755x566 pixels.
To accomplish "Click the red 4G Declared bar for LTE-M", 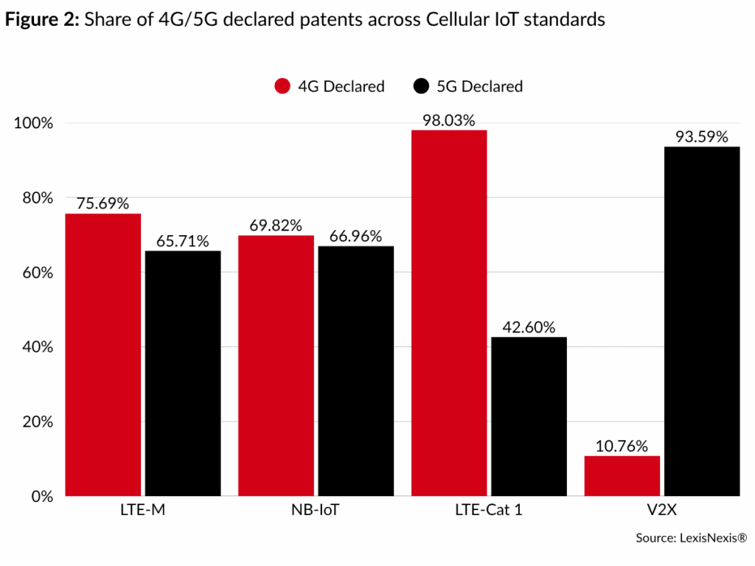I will coord(103,354).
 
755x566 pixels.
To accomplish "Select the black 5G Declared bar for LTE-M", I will coord(182,373).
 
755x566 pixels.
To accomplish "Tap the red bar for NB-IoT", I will coord(276,366).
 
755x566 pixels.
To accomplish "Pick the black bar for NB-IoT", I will coord(355,371).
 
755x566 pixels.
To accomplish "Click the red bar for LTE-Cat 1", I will coord(449,312).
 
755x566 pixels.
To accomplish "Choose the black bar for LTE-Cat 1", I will coord(529,416).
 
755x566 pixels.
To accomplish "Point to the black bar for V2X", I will coord(701,321).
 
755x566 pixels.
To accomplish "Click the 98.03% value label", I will coord(448,120).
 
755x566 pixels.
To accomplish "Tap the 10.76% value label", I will coord(622,446).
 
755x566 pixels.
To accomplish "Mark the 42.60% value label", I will coord(528,327).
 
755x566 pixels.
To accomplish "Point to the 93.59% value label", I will coord(701,136).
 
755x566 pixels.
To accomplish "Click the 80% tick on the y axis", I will coord(35,198).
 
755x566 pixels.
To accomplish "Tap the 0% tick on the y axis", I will coord(40,496).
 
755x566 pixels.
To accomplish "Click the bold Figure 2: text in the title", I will coord(43,20).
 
